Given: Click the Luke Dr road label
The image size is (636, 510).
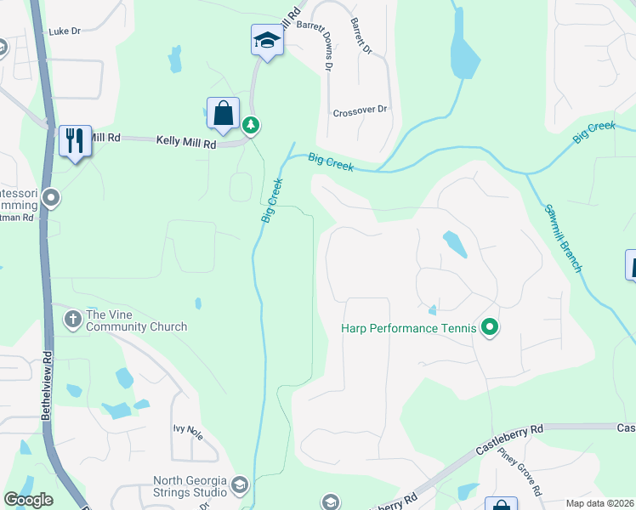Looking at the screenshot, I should [64, 31].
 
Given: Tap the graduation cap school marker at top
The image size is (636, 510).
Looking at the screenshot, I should [267, 41].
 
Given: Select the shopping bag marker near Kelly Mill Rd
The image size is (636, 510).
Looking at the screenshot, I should [223, 114].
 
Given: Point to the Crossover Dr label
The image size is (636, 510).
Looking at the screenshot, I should [360, 110].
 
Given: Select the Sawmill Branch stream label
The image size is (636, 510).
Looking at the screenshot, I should [563, 237].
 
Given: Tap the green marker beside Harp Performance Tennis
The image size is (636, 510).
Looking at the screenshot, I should [489, 326].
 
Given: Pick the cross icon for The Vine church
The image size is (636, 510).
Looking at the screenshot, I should [72, 319].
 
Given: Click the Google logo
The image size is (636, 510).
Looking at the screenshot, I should [28, 500].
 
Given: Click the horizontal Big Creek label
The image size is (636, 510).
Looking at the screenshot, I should [331, 161].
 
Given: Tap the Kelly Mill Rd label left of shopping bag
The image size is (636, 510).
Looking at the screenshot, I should [185, 143].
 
